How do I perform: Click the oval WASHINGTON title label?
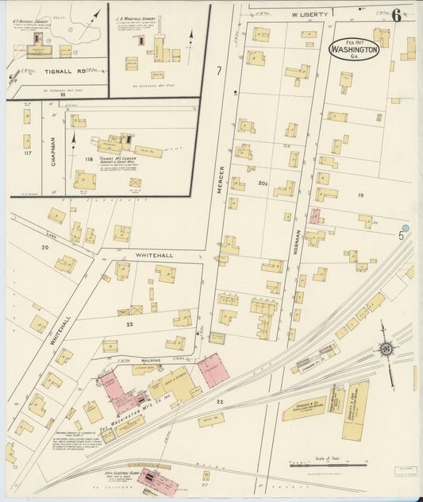[x=353, y=49]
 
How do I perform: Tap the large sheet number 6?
[x=395, y=15]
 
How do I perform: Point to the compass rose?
[x=386, y=347]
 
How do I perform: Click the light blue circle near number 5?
[x=406, y=228]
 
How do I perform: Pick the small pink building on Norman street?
[x=315, y=216]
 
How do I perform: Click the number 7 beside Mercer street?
[x=218, y=71]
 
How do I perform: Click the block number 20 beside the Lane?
[x=44, y=247]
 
